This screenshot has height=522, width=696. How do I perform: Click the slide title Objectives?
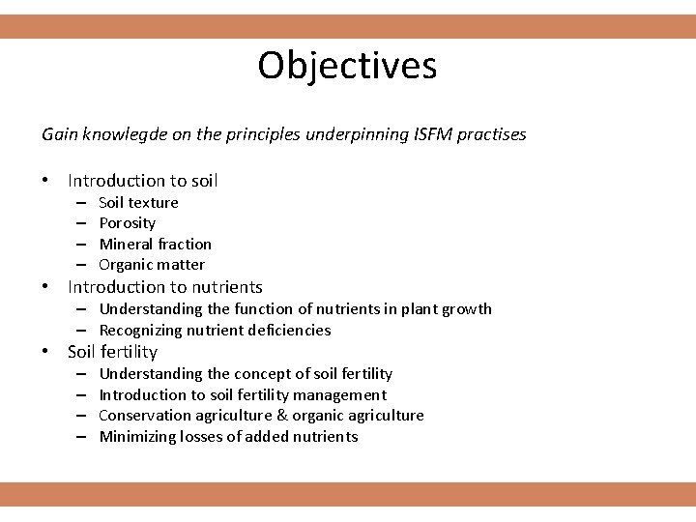(x=347, y=66)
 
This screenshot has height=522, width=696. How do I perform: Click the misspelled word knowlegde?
(x=118, y=134)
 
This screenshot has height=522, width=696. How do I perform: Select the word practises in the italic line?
(x=490, y=134)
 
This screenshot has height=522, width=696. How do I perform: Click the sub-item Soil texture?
(x=138, y=202)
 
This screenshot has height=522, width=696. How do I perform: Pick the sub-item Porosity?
(x=127, y=223)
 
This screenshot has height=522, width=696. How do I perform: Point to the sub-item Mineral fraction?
(x=155, y=244)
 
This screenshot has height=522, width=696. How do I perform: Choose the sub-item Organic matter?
(x=152, y=265)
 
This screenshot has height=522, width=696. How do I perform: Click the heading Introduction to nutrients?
(x=164, y=287)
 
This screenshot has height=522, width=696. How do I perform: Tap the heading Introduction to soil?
(x=142, y=181)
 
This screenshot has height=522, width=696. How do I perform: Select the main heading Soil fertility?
(x=112, y=352)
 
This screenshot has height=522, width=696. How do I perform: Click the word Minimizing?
(x=136, y=437)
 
